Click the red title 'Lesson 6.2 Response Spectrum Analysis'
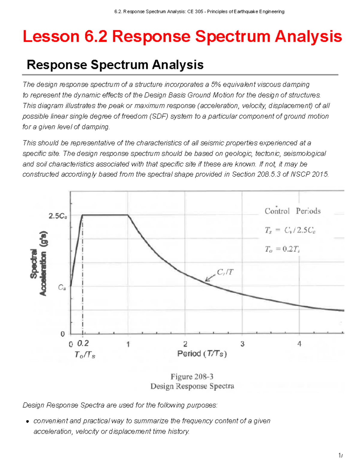(182, 37)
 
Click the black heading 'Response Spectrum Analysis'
(115, 65)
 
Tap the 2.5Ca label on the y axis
(58, 216)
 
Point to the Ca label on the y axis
(62, 287)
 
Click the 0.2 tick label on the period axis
(83, 343)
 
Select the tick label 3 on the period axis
(242, 344)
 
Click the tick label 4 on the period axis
(299, 344)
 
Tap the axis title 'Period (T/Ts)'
(202, 354)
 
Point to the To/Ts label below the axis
(85, 355)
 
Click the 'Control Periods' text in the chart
(292, 211)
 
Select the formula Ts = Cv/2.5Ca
(290, 230)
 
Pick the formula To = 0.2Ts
(282, 249)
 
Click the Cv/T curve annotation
(225, 272)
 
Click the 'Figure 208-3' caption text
(192, 377)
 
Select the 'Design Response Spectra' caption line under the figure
(192, 386)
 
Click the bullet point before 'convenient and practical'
(28, 421)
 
